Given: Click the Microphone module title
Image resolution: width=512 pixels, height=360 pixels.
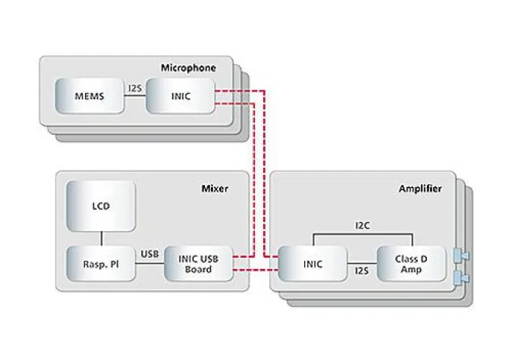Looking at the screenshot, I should pyautogui.click(x=188, y=68).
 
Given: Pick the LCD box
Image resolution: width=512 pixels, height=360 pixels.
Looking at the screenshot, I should pyautogui.click(x=101, y=205).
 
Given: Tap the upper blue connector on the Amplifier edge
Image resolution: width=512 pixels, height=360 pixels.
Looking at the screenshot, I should pyautogui.click(x=459, y=255).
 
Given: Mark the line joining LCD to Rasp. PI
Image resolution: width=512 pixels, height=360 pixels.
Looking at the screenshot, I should pyautogui.click(x=101, y=238).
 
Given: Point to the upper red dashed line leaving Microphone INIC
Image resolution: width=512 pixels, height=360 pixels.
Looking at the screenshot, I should pyautogui.click(x=235, y=92).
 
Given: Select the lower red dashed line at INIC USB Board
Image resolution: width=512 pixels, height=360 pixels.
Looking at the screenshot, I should pyautogui.click(x=247, y=268).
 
